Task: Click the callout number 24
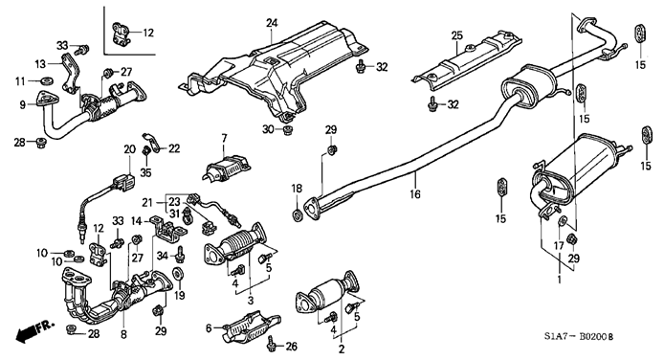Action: coord(272,23)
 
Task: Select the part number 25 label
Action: coord(457,36)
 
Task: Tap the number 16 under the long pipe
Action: coord(415,194)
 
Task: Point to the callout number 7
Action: coord(224,138)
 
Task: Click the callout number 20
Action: coord(129,149)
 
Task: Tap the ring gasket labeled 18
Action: coord(298,214)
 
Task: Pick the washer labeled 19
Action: coord(178,273)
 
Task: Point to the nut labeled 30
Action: coord(287,130)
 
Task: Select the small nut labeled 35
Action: coord(145,150)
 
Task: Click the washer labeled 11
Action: coord(46,80)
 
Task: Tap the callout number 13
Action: coord(40,64)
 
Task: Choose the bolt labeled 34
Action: coord(181,254)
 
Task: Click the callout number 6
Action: coord(209,327)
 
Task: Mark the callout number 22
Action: coord(174,148)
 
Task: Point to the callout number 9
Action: coord(23,104)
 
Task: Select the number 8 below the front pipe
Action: coord(123,334)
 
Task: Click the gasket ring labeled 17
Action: coord(563,220)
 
